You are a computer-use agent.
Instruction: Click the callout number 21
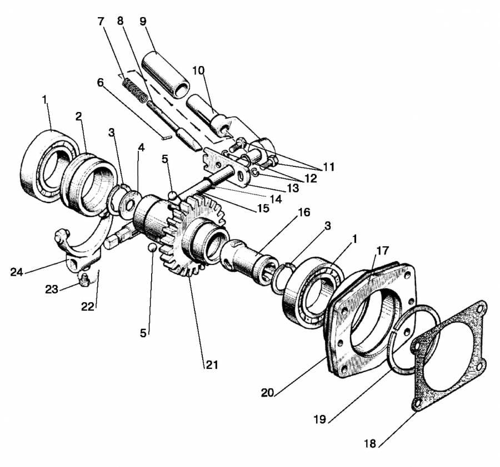(212, 364)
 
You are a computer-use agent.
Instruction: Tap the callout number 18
(370, 443)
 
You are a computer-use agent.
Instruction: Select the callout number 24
(17, 272)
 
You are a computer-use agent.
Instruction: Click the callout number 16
(304, 212)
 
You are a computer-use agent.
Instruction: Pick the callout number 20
(268, 393)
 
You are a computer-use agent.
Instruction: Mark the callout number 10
(198, 70)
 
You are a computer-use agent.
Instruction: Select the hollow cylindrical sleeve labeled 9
(165, 74)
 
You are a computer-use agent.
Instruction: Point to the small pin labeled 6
(167, 137)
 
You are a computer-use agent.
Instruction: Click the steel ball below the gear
(152, 247)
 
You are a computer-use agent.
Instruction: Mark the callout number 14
(276, 199)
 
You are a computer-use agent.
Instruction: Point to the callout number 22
(88, 307)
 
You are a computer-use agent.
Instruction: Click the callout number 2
(79, 116)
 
